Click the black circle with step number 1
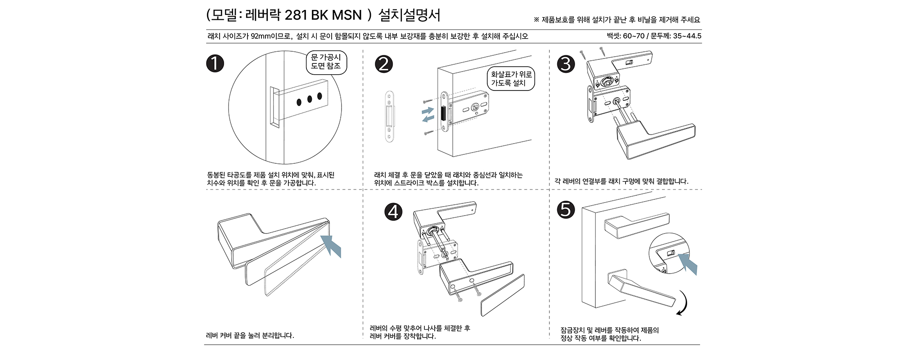pos(215,63)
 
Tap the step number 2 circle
pos(383,64)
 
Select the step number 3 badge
pos(566,64)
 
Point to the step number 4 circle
pos(393,211)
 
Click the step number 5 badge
pos(566,210)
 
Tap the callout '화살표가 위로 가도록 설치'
pos(511,79)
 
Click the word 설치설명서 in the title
pos(409,15)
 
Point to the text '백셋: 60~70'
pos(625,36)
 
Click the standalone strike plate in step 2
pos(389,117)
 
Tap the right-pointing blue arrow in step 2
pos(428,110)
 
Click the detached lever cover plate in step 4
pos(503,295)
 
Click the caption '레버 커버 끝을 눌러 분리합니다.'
pos(250,335)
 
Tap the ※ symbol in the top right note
pos(536,20)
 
